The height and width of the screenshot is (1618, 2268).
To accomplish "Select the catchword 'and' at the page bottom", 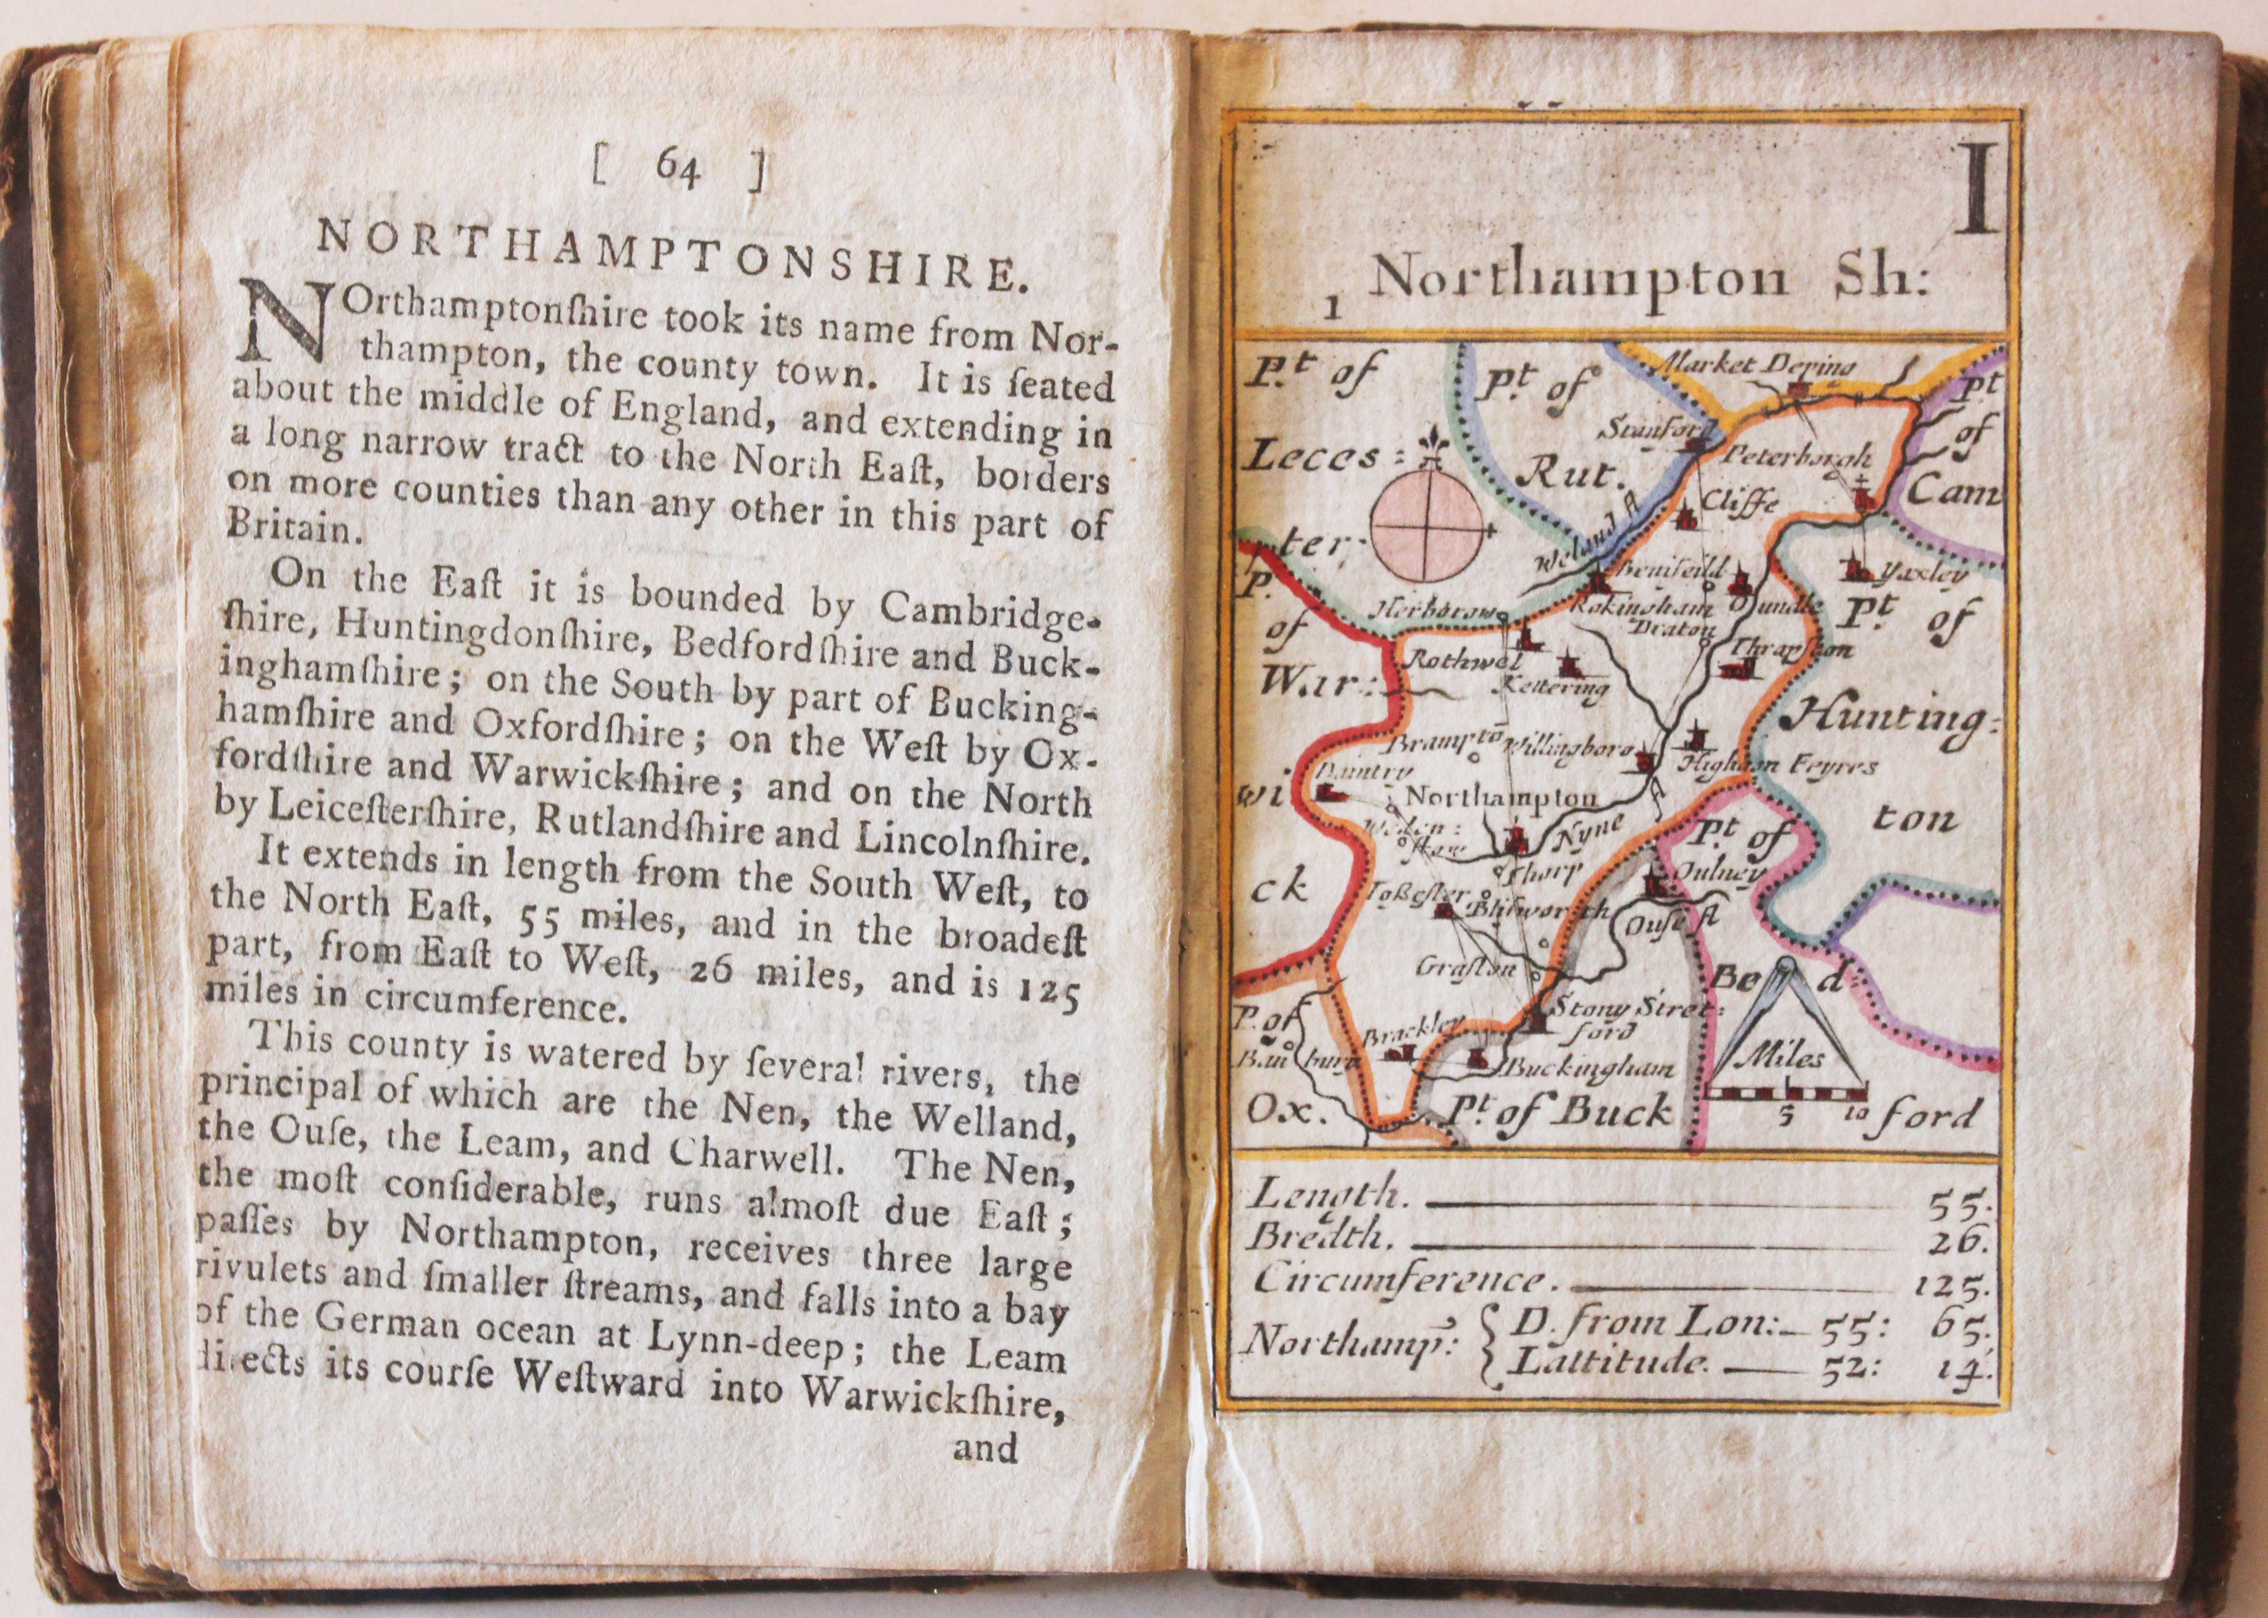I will click(984, 1448).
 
